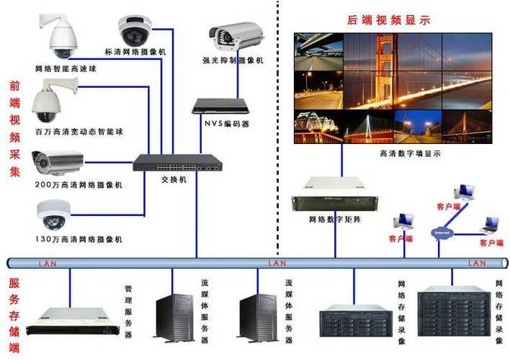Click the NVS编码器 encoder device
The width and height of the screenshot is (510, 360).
[220, 106]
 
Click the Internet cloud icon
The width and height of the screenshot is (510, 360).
[442, 232]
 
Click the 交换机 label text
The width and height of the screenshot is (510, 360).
[175, 179]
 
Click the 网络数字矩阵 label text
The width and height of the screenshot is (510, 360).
[333, 220]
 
